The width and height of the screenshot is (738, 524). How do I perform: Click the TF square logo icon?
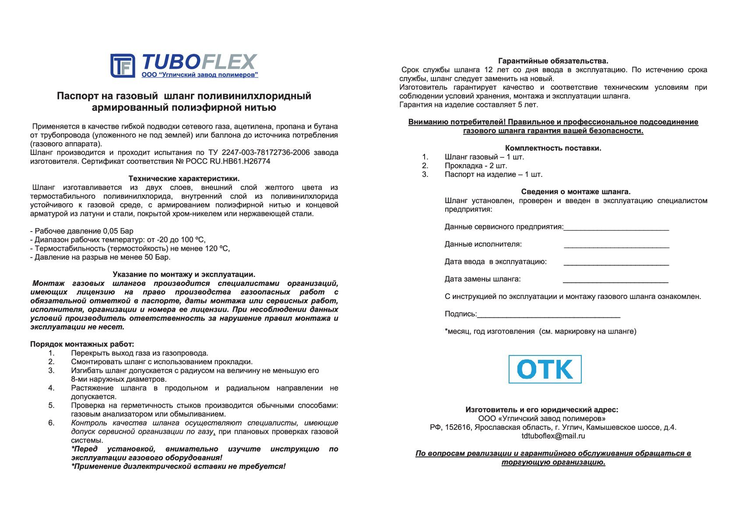[123, 66]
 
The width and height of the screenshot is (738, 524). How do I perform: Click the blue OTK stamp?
[545, 369]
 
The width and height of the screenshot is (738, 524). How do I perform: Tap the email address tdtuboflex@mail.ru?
[553, 436]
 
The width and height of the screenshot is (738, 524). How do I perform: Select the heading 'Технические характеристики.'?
[184, 179]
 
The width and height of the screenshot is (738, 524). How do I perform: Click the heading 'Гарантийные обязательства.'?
[553, 61]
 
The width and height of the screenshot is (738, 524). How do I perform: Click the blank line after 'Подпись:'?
[548, 315]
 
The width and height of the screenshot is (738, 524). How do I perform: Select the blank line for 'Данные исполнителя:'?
[616, 246]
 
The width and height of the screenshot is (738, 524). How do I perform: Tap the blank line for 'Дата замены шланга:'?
[615, 281]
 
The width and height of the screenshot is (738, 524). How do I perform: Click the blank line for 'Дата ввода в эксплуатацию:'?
[616, 263]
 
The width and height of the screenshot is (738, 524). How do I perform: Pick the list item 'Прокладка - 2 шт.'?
[476, 165]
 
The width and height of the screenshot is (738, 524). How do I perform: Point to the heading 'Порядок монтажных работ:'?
[82, 344]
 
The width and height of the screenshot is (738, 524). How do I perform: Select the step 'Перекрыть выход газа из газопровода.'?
[140, 353]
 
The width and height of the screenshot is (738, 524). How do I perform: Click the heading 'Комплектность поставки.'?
[553, 148]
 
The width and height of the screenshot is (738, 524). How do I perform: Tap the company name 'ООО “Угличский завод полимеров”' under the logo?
[200, 75]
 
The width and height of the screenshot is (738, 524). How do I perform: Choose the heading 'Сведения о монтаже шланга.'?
[576, 192]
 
